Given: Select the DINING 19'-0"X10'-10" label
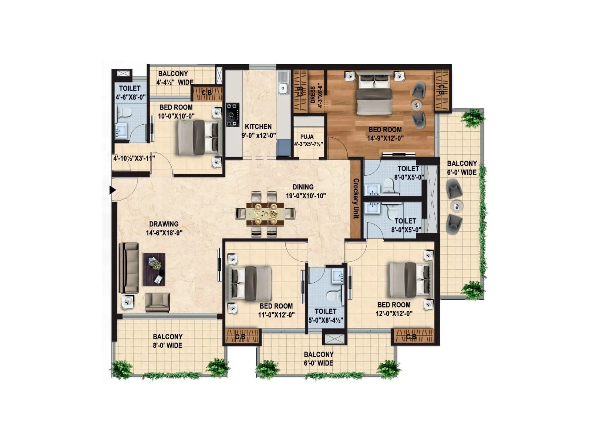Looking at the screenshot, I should point(305,191).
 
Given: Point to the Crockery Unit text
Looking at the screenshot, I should point(356,198).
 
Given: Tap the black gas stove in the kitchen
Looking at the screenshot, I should point(233,115).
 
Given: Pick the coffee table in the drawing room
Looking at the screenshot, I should point(154,269).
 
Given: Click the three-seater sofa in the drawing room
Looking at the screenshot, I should point(128,268).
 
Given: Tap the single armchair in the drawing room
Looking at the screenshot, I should point(157,302).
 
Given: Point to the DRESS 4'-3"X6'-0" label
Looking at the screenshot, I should point(316,94).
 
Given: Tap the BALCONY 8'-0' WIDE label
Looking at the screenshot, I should point(168,341).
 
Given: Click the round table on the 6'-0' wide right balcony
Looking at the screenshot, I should point(457,206).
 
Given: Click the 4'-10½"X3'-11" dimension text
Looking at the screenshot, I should point(134,158).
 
